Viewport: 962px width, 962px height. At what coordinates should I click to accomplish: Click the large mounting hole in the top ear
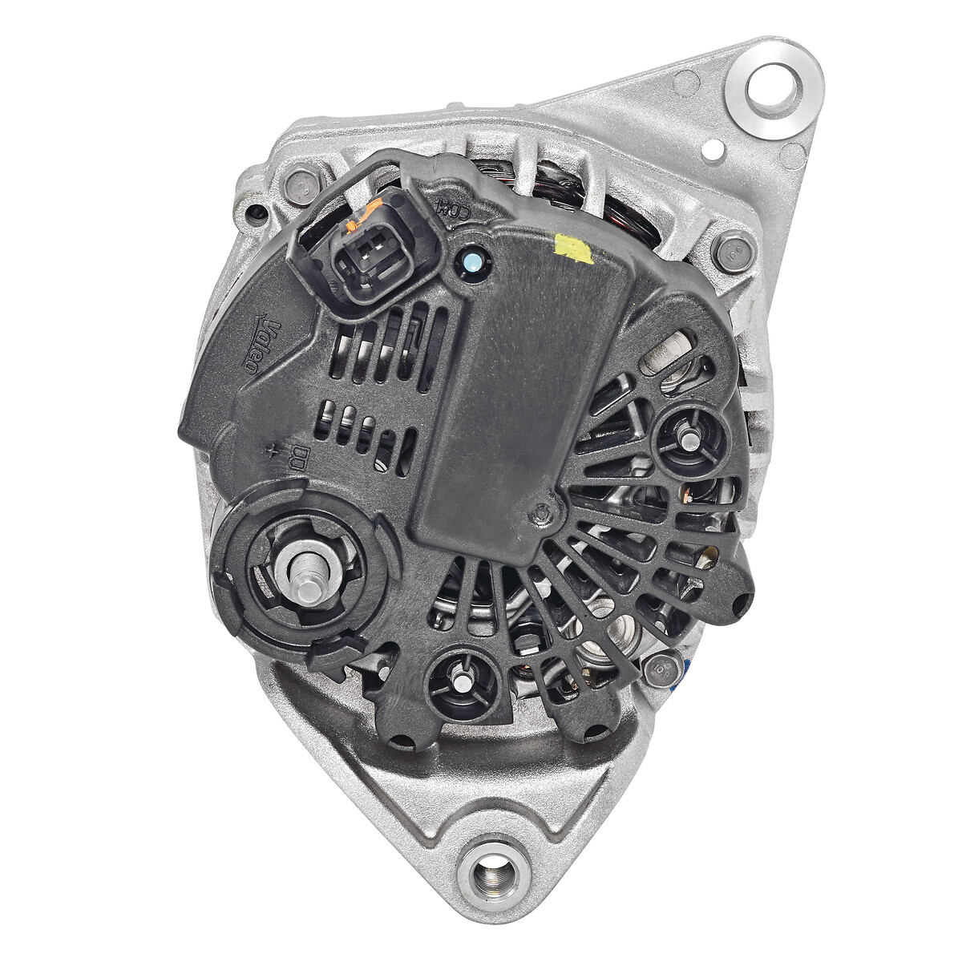point(773,85)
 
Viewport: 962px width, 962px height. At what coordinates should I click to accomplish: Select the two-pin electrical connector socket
point(369,257)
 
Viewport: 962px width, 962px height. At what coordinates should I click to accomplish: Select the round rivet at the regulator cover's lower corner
point(544,511)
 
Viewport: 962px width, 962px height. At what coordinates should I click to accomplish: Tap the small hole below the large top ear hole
point(709,149)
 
